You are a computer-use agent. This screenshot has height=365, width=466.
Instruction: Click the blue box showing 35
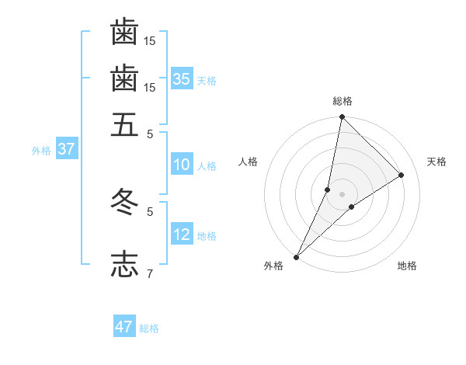(x=182, y=79)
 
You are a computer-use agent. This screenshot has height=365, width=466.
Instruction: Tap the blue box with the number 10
(x=182, y=165)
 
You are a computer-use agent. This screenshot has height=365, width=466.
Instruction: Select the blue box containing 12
(x=182, y=235)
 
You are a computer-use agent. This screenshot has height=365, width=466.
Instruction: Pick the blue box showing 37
(x=66, y=150)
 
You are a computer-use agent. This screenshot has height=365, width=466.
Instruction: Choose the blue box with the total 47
(x=124, y=327)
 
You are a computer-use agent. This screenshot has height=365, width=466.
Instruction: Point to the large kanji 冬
(x=125, y=200)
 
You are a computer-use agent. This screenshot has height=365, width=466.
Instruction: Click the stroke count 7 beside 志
(x=150, y=273)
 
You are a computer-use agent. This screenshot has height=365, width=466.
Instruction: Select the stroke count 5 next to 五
(x=150, y=134)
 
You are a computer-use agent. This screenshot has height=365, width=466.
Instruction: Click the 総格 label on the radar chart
(x=342, y=101)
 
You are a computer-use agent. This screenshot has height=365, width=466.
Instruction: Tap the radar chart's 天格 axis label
(x=436, y=162)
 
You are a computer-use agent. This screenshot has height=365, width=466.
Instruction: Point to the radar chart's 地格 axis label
(x=407, y=266)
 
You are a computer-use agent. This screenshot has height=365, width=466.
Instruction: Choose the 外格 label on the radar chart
(x=273, y=266)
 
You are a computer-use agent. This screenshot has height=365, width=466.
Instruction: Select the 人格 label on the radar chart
(x=249, y=162)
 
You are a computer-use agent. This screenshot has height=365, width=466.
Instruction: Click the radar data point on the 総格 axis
(x=342, y=117)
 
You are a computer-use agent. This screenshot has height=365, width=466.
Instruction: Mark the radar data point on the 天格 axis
(x=402, y=176)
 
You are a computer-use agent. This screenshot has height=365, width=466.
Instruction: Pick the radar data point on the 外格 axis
(x=297, y=256)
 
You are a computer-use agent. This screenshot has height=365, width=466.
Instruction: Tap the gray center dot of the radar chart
(x=342, y=194)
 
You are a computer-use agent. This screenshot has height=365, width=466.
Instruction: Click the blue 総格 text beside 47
(x=149, y=328)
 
